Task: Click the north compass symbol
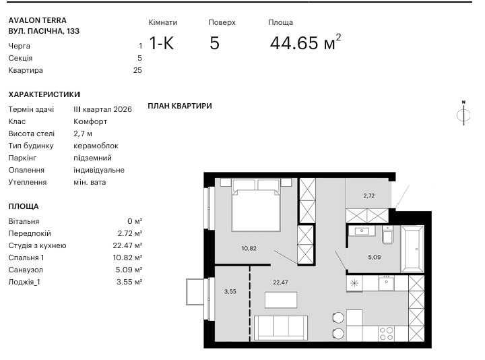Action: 463,113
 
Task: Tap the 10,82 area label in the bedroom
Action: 249,248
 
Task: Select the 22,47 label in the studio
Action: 280,282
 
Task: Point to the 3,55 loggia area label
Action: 230,291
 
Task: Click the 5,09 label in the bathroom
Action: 375,257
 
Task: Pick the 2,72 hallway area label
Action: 368,196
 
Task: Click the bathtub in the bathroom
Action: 412,249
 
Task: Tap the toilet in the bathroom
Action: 387,235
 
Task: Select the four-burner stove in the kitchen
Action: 387,334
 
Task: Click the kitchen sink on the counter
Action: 386,283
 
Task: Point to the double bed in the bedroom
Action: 256,205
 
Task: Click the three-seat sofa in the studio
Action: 280,328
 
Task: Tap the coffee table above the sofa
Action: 281,299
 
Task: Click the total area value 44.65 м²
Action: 305,42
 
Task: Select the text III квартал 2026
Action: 102,109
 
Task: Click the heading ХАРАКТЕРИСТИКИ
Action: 44,94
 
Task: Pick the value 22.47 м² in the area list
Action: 127,245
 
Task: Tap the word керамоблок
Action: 96,146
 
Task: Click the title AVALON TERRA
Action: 38,20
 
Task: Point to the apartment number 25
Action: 137,70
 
